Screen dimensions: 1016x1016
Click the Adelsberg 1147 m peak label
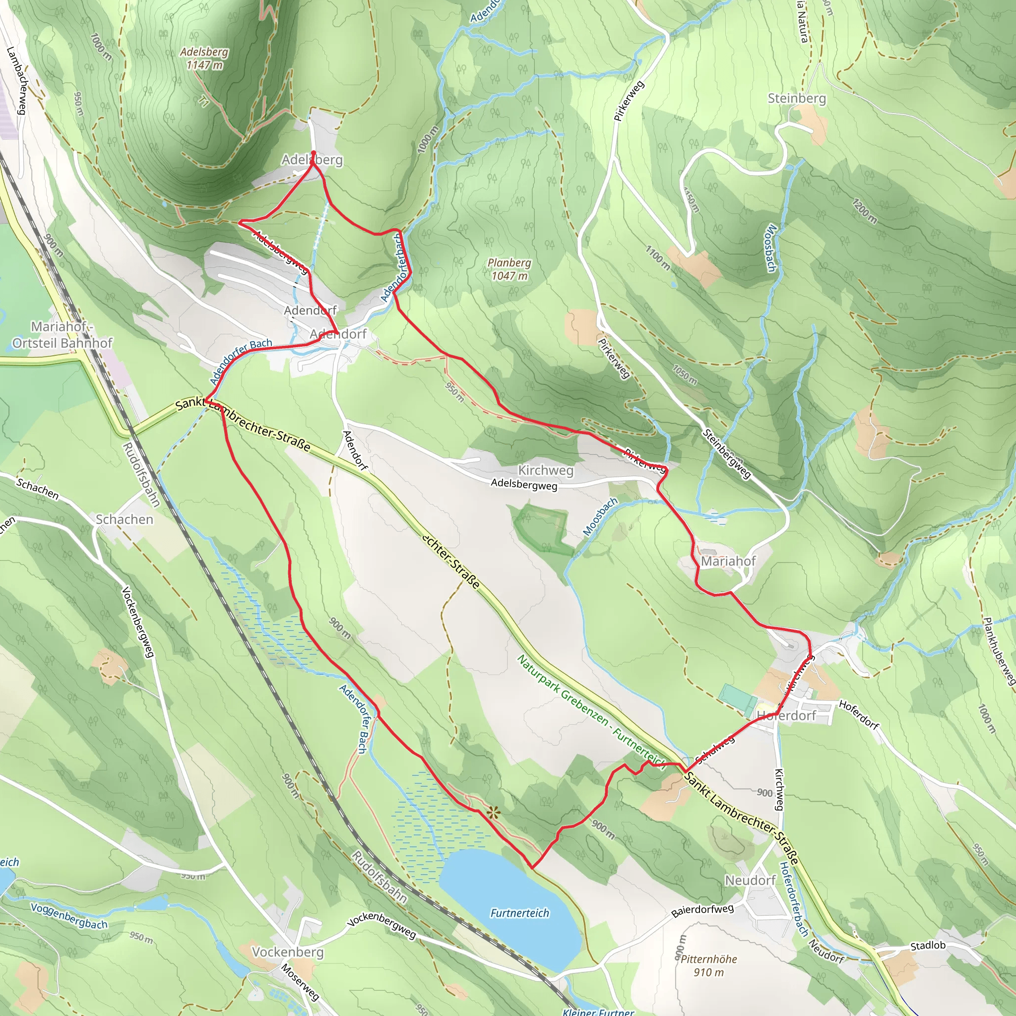(x=204, y=59)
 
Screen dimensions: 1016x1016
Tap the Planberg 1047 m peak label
(x=509, y=269)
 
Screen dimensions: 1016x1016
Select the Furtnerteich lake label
(x=519, y=913)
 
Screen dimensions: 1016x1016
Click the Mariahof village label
(x=728, y=561)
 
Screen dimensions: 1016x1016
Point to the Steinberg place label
(x=796, y=98)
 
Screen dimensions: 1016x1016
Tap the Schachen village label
(x=125, y=519)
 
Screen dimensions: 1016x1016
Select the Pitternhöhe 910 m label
(x=708, y=965)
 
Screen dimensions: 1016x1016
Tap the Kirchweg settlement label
(x=545, y=470)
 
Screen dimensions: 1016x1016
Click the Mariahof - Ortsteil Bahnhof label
(x=62, y=334)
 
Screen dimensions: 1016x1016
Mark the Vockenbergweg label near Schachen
(x=138, y=622)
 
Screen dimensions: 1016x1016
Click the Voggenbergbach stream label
(x=69, y=916)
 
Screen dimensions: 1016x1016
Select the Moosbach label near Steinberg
(x=771, y=248)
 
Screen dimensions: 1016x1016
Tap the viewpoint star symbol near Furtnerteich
(x=493, y=814)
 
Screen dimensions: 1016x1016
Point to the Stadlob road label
(x=928, y=945)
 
